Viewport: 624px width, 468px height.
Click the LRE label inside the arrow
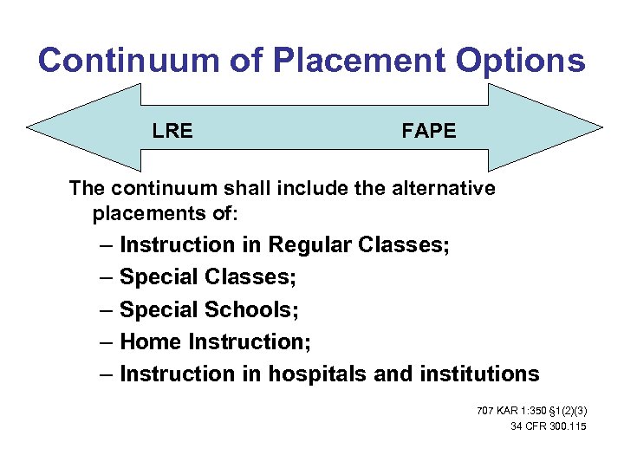[x=172, y=132]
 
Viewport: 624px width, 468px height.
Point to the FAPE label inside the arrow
[x=428, y=132]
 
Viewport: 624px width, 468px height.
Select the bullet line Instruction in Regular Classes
[x=284, y=245]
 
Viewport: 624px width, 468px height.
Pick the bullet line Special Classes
[x=207, y=277]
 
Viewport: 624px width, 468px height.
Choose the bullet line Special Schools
[x=209, y=309]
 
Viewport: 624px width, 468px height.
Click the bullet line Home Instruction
[x=215, y=341]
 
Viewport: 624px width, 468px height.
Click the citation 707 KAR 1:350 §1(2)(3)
[x=531, y=410]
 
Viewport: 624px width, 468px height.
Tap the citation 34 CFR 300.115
[x=549, y=426]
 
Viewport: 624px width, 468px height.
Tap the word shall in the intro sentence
[x=224, y=188]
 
